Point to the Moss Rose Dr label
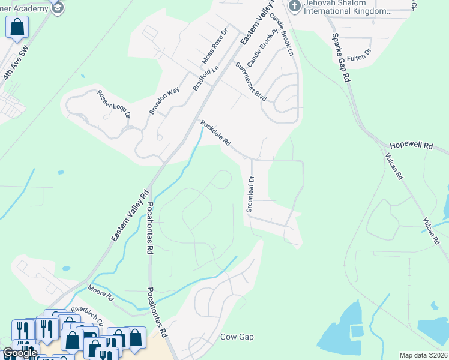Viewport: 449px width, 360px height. point(215,46)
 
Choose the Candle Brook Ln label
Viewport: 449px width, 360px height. point(281,34)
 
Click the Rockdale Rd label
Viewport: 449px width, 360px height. point(215,134)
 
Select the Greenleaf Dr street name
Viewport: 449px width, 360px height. point(250,193)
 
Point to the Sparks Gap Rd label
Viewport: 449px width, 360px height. point(340,58)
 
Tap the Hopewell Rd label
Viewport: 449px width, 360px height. point(411,146)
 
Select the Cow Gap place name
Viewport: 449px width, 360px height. point(237,337)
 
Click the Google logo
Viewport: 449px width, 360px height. point(19,353)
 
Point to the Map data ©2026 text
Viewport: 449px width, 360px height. point(423,355)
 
